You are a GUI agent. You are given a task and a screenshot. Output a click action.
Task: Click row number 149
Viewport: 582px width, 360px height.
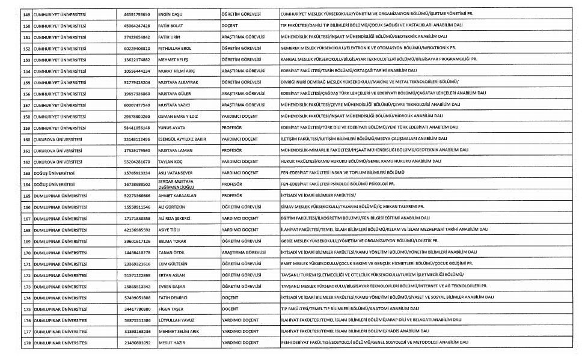pyautogui.click(x=26, y=13)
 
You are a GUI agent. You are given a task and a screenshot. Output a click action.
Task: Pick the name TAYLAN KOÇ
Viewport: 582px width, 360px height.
pyautogui.click(x=171, y=162)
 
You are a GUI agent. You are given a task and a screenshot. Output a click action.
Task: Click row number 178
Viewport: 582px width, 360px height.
pyautogui.click(x=26, y=343)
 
